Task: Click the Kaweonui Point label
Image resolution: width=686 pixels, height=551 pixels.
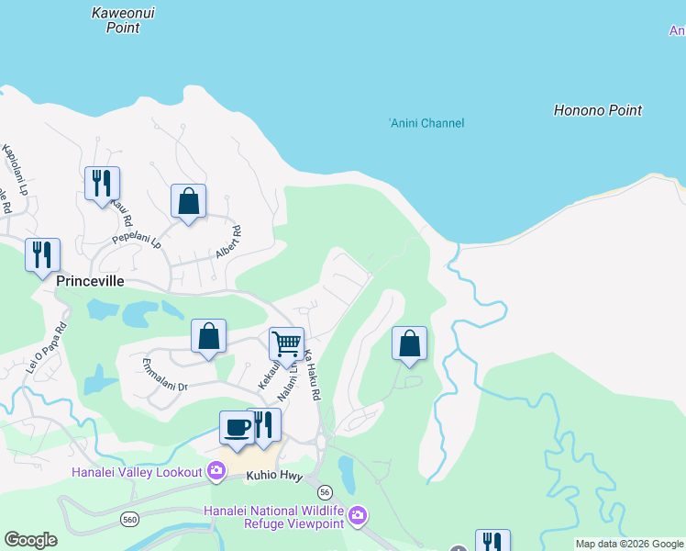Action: coord(116,20)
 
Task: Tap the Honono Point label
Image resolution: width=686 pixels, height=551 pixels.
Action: coord(598,110)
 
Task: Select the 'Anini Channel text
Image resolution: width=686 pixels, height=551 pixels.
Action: coord(426,123)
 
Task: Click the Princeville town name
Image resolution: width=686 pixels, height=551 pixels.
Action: coord(89,281)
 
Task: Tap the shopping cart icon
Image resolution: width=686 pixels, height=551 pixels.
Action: coord(286,344)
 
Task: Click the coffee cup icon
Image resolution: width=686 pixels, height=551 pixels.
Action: coord(237,428)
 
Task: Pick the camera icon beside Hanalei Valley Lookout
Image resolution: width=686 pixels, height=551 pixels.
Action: coord(216,472)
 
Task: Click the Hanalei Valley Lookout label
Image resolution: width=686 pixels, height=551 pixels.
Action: coord(137,472)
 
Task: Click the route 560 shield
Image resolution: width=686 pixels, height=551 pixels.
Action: coord(129,520)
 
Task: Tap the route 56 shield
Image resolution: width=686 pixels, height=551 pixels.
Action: coord(325,494)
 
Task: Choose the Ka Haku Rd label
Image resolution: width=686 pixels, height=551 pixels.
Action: coord(312,375)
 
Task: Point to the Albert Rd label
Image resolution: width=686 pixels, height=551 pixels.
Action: coord(227,242)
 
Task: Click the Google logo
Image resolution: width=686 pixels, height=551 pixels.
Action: coord(30,540)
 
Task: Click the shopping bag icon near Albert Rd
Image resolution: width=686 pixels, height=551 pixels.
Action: coord(188,201)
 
